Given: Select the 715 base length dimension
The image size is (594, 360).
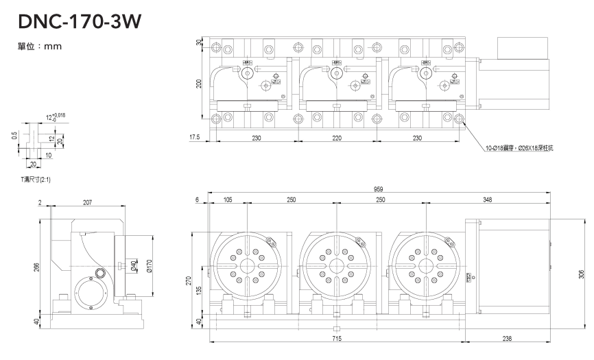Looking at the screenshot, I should (x=337, y=339).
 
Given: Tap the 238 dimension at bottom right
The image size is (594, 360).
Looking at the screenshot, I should (x=507, y=339).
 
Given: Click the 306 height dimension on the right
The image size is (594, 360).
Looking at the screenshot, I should (x=582, y=273).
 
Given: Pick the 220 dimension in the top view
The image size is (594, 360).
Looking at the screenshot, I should (x=337, y=138).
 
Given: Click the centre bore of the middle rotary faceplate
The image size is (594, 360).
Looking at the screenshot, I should (x=337, y=266).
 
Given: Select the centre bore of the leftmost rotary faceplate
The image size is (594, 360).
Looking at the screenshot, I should (x=247, y=266).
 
